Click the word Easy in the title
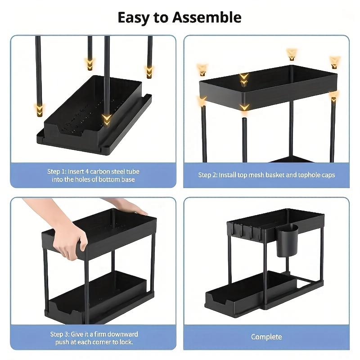tap(134, 18)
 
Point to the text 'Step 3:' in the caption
tap(61, 334)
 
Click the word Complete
tap(266, 337)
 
